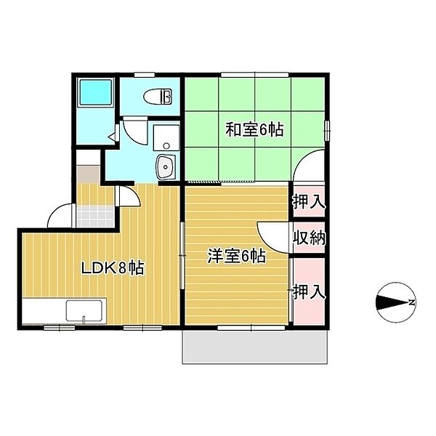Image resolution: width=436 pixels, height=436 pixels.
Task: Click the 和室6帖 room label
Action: click(254, 129)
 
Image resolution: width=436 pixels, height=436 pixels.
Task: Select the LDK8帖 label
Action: click(113, 268)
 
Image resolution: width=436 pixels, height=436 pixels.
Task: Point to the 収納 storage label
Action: click(310, 238)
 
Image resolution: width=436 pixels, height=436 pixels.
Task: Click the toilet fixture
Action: click(158, 97)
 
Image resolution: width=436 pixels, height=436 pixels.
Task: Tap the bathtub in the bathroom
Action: click(96, 93)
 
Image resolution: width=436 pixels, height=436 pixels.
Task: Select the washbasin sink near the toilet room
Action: click(166, 166)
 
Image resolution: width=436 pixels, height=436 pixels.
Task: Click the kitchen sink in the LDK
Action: click(84, 310)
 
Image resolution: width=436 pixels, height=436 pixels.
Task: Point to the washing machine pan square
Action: click(166, 137)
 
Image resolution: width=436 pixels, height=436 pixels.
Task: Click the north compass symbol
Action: click(396, 302)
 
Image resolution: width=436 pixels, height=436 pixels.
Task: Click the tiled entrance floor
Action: click(96, 216)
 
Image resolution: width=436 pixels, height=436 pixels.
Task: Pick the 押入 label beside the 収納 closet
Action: click(309, 202)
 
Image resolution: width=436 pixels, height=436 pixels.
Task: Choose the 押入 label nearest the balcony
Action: click(310, 291)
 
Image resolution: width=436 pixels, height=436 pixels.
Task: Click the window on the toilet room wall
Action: click(145, 75)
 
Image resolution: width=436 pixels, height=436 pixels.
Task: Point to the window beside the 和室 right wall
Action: click(327, 130)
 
